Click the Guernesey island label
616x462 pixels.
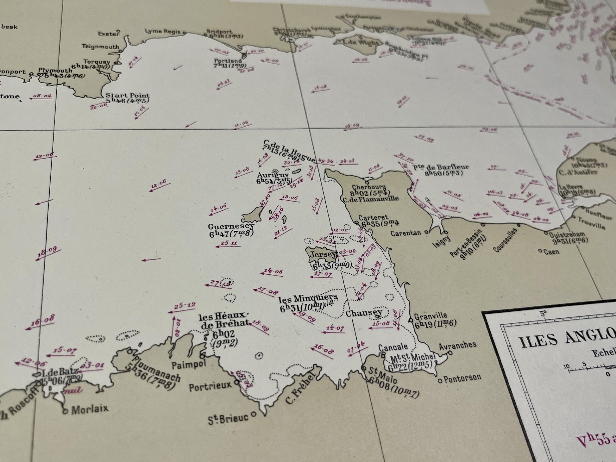tap(231, 227)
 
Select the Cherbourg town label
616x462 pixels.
tap(368, 188)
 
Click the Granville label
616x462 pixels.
tap(431, 315)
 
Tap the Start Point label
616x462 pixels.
tap(128, 95)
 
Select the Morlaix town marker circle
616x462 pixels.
tap(65, 411)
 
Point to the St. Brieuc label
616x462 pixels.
tap(228, 418)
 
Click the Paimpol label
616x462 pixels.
tap(189, 365)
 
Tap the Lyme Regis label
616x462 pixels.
tap(163, 31)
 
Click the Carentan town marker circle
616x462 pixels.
tap(426, 232)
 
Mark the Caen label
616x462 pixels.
tap(551, 252)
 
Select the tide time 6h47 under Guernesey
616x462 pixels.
tap(220, 234)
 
